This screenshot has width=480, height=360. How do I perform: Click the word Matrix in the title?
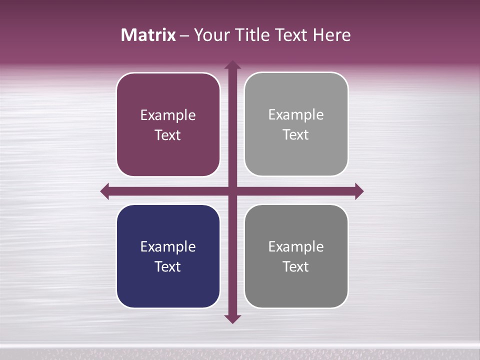[148, 35]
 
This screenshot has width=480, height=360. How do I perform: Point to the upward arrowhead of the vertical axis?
[232, 64]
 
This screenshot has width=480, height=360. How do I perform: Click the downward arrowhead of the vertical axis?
[232, 318]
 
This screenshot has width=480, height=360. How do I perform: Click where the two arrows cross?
[232, 191]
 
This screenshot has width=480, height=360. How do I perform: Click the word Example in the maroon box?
[168, 115]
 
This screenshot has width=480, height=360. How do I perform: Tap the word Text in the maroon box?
[168, 135]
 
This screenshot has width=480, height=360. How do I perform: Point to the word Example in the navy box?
[168, 246]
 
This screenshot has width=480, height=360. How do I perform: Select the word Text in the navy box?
[168, 266]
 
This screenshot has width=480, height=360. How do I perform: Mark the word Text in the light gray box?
[296, 134]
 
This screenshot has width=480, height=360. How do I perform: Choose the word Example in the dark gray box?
[296, 246]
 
